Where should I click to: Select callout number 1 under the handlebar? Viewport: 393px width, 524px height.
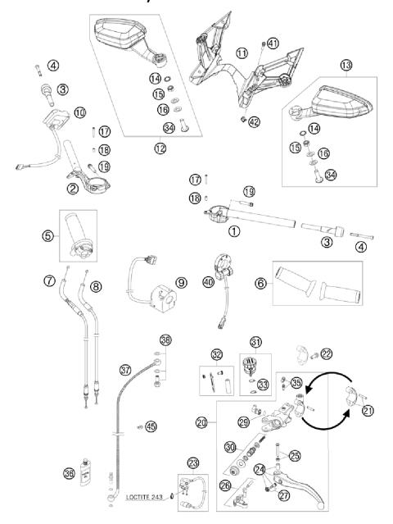234,231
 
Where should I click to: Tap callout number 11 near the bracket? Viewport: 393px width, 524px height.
242,53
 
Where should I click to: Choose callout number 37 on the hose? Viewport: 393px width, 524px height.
125,370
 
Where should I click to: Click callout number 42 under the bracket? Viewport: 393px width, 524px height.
254,122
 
